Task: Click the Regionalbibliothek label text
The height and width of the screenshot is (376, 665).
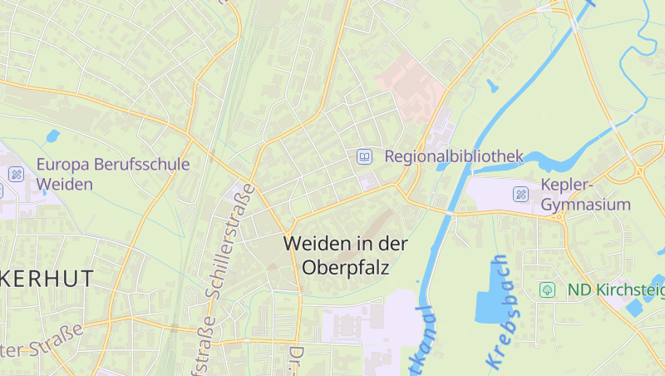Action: pyautogui.click(x=454, y=156)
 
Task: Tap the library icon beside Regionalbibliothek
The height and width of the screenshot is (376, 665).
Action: pyautogui.click(x=364, y=156)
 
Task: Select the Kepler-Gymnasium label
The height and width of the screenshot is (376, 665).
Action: pyautogui.click(x=585, y=194)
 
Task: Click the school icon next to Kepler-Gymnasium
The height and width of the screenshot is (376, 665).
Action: pyautogui.click(x=521, y=194)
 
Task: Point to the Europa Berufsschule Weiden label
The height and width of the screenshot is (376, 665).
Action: pyautogui.click(x=113, y=174)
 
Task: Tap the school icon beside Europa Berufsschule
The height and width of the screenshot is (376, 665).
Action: pyautogui.click(x=16, y=174)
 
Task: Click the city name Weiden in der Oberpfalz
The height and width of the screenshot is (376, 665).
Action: pyautogui.click(x=346, y=255)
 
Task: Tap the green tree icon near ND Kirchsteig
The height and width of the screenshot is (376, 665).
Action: pyautogui.click(x=547, y=289)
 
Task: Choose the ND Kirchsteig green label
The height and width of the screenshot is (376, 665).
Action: pyautogui.click(x=616, y=289)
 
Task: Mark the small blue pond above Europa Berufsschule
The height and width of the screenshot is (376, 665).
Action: pyautogui.click(x=53, y=136)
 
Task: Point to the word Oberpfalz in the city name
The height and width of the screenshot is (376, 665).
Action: pyautogui.click(x=346, y=268)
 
